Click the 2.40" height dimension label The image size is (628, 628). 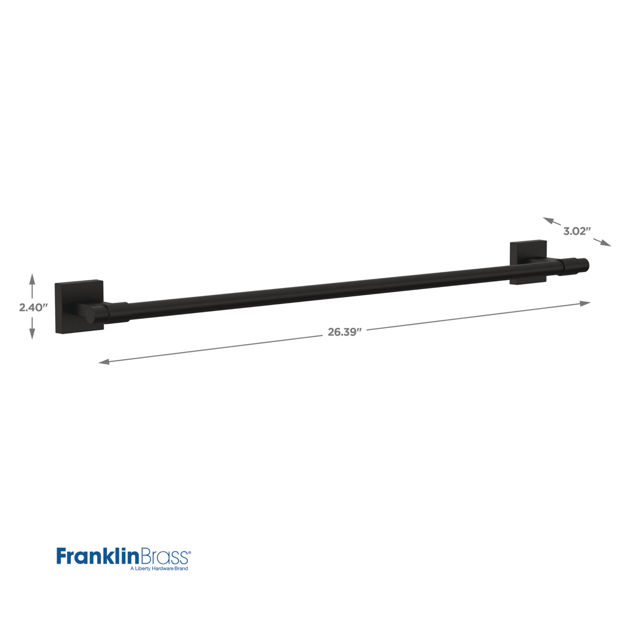[x=33, y=307]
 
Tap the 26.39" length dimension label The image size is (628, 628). [x=345, y=332]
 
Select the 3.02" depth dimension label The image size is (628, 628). [x=577, y=231]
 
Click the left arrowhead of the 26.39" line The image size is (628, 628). [x=105, y=362]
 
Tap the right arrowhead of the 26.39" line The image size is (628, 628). [x=585, y=303]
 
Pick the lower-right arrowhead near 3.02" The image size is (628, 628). [x=605, y=243]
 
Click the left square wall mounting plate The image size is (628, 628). [x=79, y=306]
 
